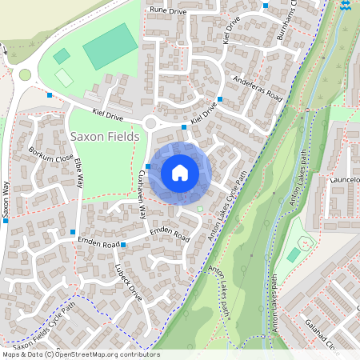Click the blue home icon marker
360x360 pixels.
click(x=180, y=173)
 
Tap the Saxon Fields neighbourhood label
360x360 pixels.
click(x=105, y=137)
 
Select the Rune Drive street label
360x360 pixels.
click(x=167, y=11)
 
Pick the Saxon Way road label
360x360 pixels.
click(x=5, y=205)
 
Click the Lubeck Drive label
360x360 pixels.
click(x=128, y=282)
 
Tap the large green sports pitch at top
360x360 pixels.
click(x=110, y=46)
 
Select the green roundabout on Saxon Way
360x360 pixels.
click(x=25, y=75)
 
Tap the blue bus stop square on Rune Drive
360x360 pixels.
click(x=266, y=6)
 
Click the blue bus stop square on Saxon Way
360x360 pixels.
click(x=5, y=221)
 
